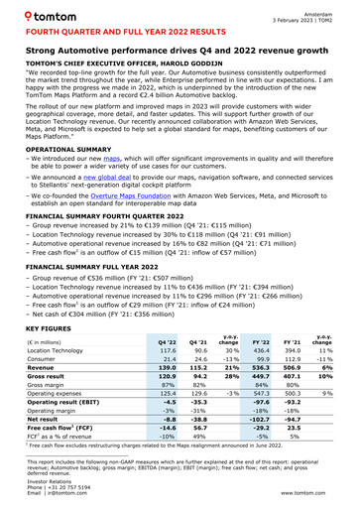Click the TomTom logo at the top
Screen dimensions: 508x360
[43, 17]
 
